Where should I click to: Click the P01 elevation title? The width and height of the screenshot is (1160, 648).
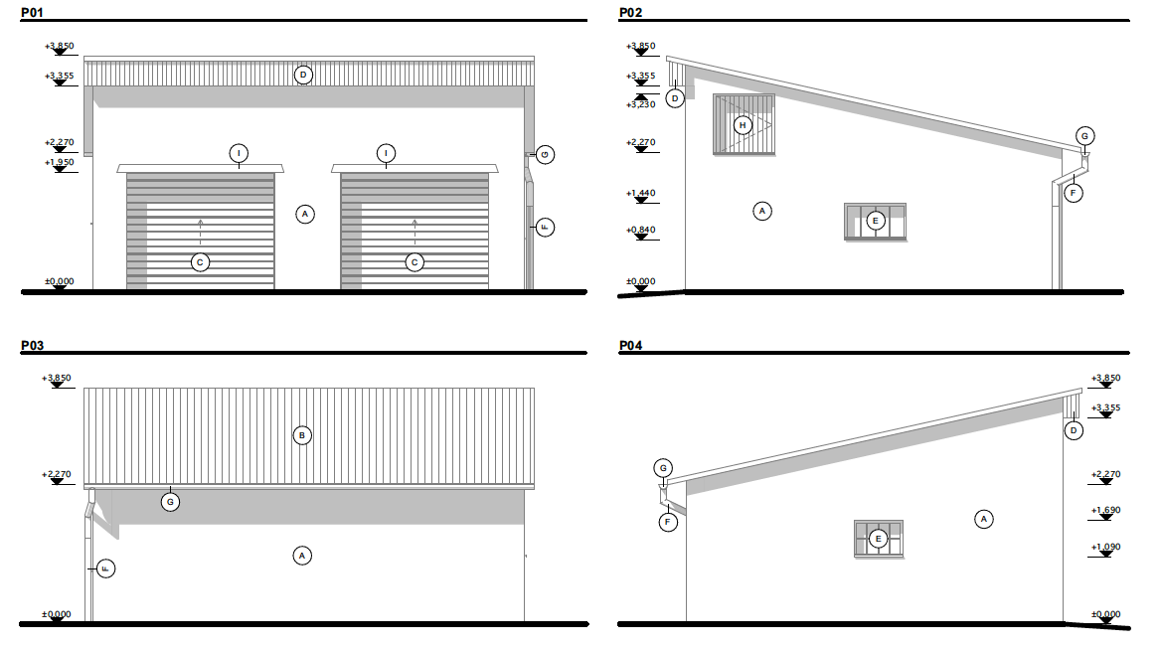click(x=33, y=13)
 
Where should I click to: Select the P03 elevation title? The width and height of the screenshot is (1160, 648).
click(x=33, y=346)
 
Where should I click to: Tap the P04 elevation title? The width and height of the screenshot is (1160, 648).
click(x=631, y=346)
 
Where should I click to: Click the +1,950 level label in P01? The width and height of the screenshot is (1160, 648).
click(x=60, y=163)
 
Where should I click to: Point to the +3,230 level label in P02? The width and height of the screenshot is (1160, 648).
click(x=641, y=105)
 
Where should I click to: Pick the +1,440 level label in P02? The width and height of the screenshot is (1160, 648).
click(x=641, y=193)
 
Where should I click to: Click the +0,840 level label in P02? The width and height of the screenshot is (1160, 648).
click(x=641, y=230)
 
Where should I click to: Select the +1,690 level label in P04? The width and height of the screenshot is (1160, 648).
click(x=1106, y=511)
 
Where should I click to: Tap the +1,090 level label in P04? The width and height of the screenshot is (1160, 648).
click(x=1106, y=548)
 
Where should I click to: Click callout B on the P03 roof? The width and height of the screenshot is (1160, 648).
click(x=302, y=435)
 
